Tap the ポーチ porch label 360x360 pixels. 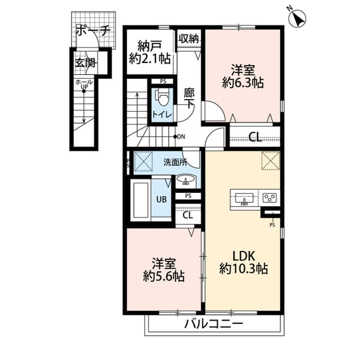[93, 30]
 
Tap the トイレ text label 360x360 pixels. [163, 115]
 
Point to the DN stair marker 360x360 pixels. [179, 136]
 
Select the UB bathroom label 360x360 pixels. [161, 199]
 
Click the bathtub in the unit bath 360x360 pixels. [140, 199]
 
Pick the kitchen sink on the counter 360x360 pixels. [244, 198]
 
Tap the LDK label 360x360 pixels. [243, 254]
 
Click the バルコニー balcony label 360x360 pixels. [213, 325]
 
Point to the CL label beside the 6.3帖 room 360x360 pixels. [255, 136]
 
